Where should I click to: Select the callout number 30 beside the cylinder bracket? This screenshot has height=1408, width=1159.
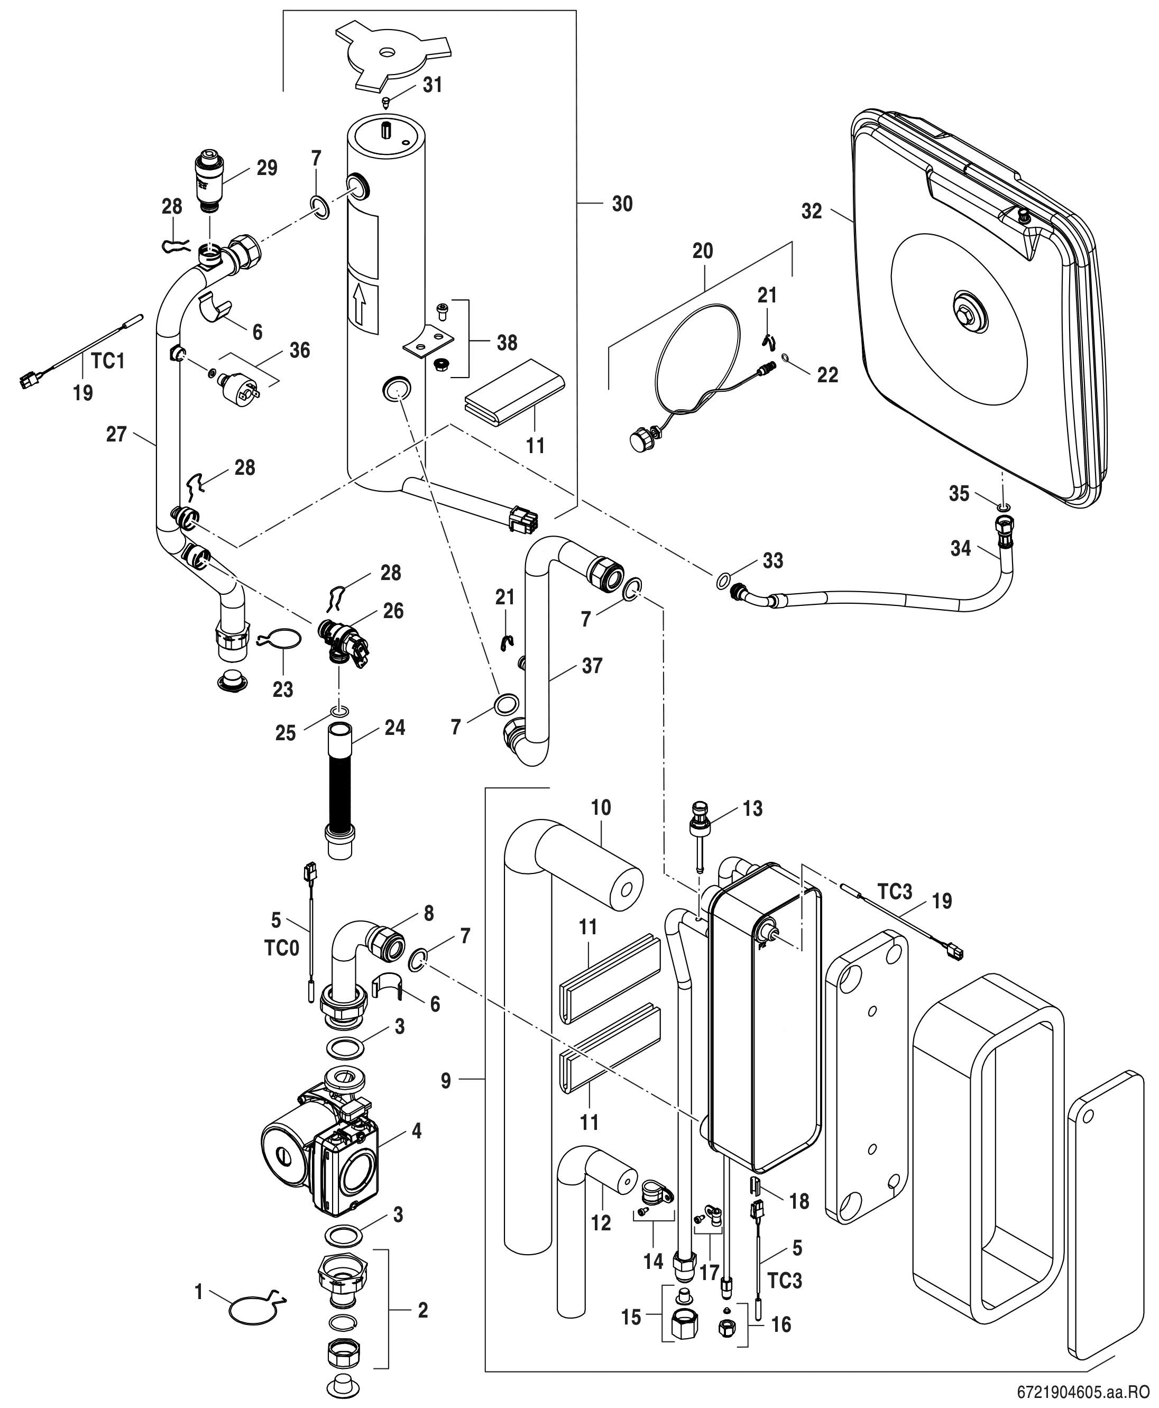(622, 204)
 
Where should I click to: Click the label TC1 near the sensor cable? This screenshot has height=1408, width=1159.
(107, 361)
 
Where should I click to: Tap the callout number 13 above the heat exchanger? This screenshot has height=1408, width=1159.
(752, 808)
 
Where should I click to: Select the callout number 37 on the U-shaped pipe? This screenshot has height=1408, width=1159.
(592, 666)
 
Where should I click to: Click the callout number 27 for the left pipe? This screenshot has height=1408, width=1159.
(116, 435)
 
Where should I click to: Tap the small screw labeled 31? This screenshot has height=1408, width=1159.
(387, 102)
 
